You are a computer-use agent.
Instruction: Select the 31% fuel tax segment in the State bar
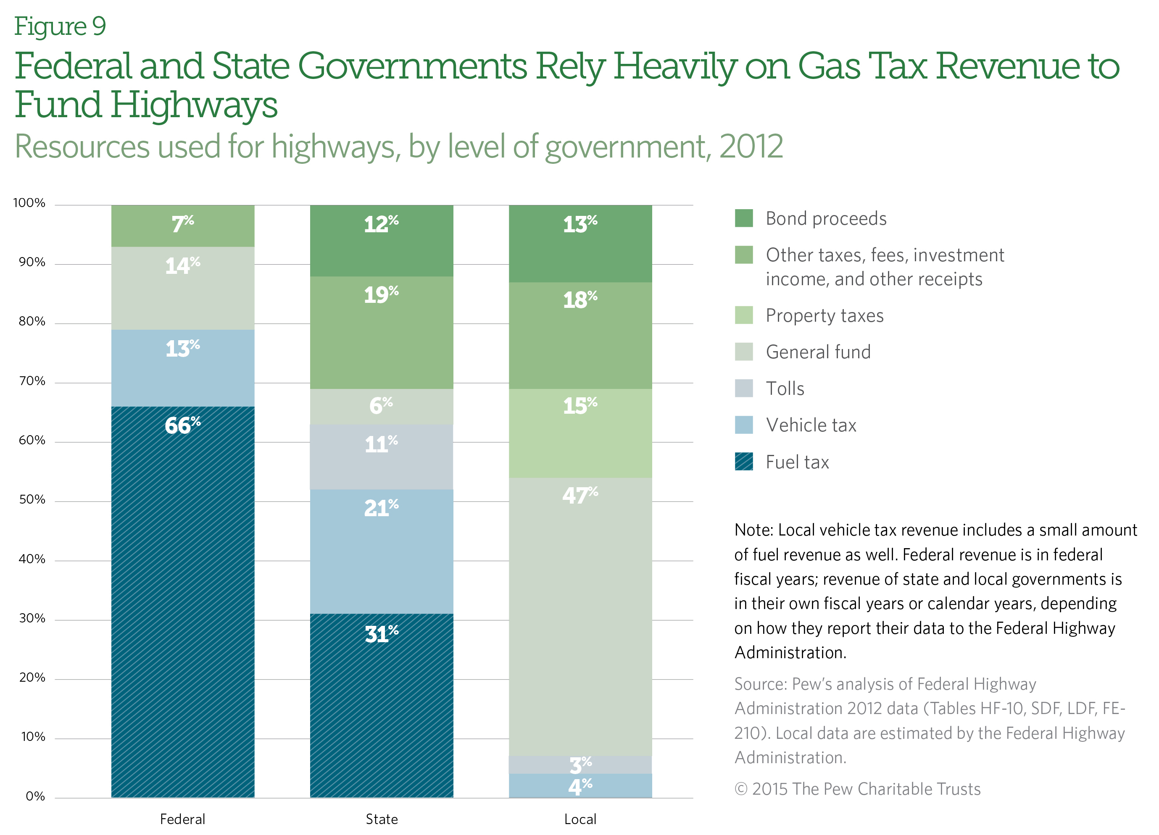381,705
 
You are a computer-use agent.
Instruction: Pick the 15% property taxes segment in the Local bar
580,433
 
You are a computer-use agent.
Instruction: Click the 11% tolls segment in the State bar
381,457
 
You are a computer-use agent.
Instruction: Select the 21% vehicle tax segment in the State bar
381,551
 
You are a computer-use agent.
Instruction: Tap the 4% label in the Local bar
580,786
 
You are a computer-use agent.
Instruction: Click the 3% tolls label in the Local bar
580,764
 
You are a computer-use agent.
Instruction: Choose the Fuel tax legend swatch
743,462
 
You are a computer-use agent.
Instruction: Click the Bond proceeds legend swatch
743,218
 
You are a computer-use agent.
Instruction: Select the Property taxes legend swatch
743,315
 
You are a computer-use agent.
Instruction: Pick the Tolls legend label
785,389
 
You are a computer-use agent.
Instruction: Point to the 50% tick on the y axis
32,499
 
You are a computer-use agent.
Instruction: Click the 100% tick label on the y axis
29,203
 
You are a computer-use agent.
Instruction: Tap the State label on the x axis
381,819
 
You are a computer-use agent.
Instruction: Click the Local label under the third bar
580,819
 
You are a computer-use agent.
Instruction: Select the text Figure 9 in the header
60,26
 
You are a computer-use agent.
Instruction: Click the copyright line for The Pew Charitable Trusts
857,789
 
